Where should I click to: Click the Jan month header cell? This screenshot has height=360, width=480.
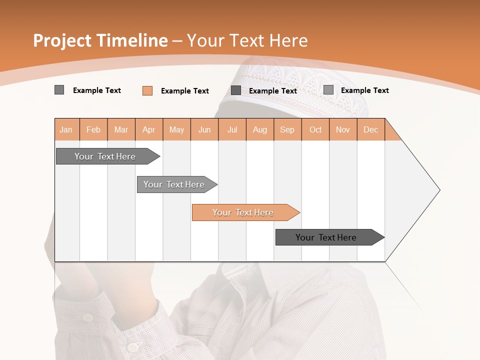tap(66, 129)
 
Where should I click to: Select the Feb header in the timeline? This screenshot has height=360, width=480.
tap(93, 129)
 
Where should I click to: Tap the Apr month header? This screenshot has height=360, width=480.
tap(149, 129)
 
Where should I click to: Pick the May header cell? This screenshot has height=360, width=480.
tap(176, 129)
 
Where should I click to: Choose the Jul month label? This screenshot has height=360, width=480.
tap(232, 129)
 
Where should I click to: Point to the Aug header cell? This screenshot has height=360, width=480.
tap(260, 129)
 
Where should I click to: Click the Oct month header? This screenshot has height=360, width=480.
tap(315, 129)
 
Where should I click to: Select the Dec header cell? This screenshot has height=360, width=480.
tap(371, 129)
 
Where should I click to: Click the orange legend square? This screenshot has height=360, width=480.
tap(147, 90)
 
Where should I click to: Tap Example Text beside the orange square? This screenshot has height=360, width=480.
tap(185, 91)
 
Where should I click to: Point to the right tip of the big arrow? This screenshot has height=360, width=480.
tap(438, 190)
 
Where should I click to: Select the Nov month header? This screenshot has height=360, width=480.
tap(343, 129)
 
